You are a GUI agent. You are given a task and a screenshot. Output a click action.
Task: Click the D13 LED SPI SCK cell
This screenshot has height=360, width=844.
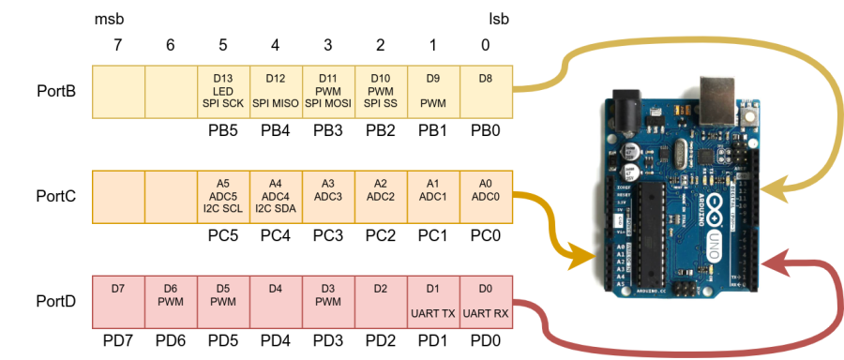pos(223,91)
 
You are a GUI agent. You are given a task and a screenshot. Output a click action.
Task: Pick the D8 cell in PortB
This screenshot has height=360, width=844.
pos(486,91)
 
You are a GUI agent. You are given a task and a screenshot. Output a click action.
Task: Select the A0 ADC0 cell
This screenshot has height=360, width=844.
pos(486,196)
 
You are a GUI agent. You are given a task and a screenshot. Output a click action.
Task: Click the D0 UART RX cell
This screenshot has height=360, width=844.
pos(486,301)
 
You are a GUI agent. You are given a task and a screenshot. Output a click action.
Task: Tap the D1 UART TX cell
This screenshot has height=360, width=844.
pos(433,301)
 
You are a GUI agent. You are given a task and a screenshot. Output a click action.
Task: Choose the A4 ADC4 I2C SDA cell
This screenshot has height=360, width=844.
pos(276,196)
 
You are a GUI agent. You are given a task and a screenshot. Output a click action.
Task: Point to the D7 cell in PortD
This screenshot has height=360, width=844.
pos(118,301)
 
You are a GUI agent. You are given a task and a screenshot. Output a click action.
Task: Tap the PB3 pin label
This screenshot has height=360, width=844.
pos(328,131)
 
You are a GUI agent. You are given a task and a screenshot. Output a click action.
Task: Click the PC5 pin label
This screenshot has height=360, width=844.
pos(223,236)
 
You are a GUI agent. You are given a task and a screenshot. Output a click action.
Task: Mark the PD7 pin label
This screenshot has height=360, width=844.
pos(118,340)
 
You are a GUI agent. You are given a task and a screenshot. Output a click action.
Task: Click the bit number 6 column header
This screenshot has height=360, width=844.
pos(171,43)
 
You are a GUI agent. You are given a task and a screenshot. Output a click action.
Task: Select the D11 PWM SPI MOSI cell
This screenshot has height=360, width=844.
pos(328,91)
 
